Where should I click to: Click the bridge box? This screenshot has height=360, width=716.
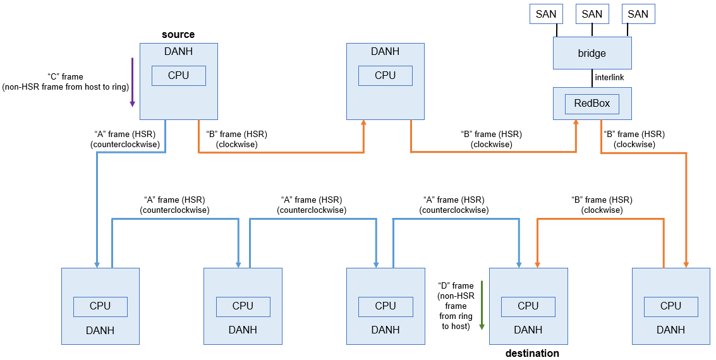(x=592, y=53)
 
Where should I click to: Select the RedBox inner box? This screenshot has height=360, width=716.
(x=592, y=104)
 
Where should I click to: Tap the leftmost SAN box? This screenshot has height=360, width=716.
(x=545, y=14)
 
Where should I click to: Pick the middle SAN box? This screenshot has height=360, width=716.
(x=592, y=14)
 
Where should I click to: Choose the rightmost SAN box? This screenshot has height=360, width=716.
(x=638, y=14)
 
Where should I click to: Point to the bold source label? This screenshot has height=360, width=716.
(x=178, y=34)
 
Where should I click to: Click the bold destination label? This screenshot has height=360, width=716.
(x=531, y=353)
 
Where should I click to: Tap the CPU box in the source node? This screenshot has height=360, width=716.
(x=178, y=76)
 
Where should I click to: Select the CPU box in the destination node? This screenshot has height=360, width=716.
(x=528, y=306)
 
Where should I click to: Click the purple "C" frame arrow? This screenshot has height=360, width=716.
(x=132, y=82)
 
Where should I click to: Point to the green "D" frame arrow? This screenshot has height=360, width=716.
(x=482, y=306)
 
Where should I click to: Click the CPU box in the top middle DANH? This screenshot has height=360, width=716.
(x=385, y=76)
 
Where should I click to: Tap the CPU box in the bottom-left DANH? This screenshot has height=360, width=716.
(x=100, y=306)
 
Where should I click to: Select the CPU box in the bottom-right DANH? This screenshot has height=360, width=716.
(x=670, y=306)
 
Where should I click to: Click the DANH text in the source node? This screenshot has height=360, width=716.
(x=178, y=52)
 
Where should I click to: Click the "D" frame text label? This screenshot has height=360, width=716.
(x=455, y=306)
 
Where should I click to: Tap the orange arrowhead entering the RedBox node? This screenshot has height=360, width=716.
(x=576, y=124)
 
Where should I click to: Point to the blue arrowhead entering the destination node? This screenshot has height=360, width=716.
(x=519, y=263)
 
